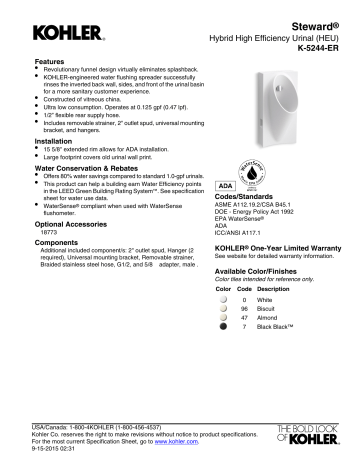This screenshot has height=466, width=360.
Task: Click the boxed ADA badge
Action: coord(225,187)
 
